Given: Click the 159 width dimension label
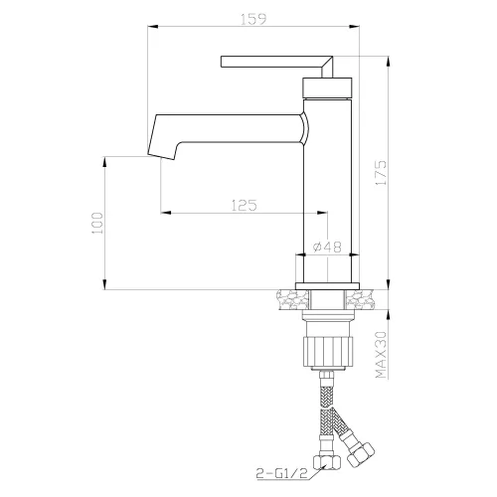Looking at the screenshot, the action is tap(253, 19).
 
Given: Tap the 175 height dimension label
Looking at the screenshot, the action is tap(381, 173).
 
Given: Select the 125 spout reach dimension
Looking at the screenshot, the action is tap(244, 206).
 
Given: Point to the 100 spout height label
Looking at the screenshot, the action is tap(97, 223).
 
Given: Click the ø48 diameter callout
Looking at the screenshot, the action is tap(327, 247).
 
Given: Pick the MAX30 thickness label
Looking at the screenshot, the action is tap(381, 355).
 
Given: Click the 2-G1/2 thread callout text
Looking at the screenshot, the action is tap(281, 472).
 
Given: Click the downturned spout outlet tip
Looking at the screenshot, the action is tap(161, 155).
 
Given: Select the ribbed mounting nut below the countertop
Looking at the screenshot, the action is tap(327, 351).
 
